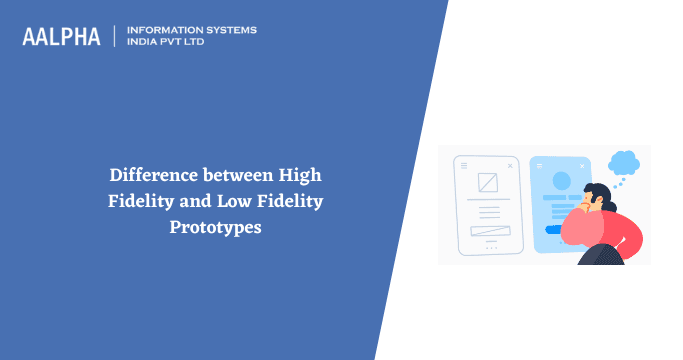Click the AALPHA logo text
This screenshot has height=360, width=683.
coord(61,36)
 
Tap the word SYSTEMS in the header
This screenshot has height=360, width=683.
coord(229,30)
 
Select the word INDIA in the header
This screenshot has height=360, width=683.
coord(143,42)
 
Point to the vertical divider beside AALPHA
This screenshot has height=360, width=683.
coord(115,36)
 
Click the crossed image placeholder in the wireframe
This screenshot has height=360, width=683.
coord(488,184)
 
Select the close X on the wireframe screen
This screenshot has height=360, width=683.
coord(510,164)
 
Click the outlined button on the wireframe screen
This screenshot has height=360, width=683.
coord(488,231)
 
